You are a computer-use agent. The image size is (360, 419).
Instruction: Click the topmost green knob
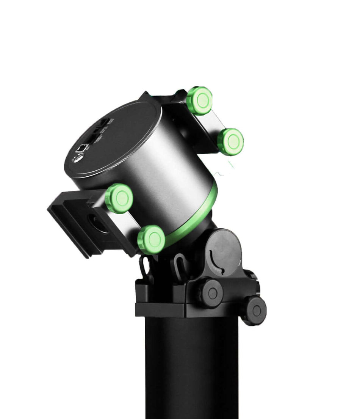(200, 100)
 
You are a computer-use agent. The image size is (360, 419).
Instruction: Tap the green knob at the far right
(231, 142)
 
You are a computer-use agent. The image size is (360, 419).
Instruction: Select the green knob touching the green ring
(152, 240)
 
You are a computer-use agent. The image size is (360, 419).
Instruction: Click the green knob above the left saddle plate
(119, 198)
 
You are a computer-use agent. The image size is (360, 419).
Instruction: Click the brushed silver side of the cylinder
(178, 167)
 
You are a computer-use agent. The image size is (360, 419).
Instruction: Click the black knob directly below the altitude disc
(211, 293)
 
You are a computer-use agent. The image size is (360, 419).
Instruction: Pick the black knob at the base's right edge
(255, 311)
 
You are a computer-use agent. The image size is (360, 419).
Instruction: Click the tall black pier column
(191, 368)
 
